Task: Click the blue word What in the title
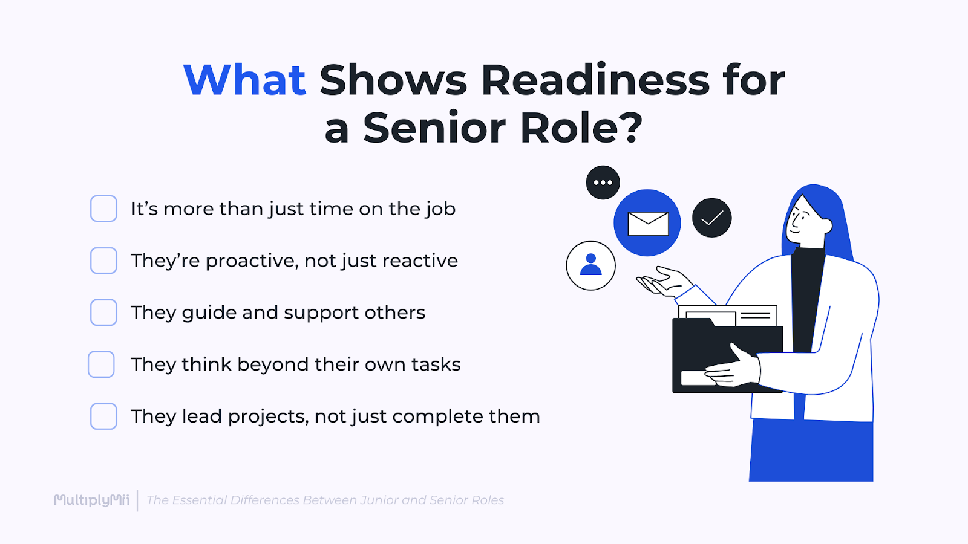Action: pyautogui.click(x=244, y=80)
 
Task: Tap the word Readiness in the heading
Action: pyautogui.click(x=595, y=80)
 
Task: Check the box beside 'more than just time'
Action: pyautogui.click(x=103, y=209)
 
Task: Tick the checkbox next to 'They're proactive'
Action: pyautogui.click(x=103, y=261)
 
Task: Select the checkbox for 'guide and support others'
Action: pyautogui.click(x=103, y=312)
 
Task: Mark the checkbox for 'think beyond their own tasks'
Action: pyautogui.click(x=101, y=364)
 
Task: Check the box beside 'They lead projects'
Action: pyautogui.click(x=103, y=416)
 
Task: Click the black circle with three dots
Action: pyautogui.click(x=603, y=183)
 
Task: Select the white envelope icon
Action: pyautogui.click(x=648, y=223)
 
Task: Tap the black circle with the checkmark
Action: pyautogui.click(x=711, y=218)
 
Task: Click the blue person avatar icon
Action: pyautogui.click(x=590, y=265)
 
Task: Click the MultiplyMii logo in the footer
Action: pyautogui.click(x=91, y=500)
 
